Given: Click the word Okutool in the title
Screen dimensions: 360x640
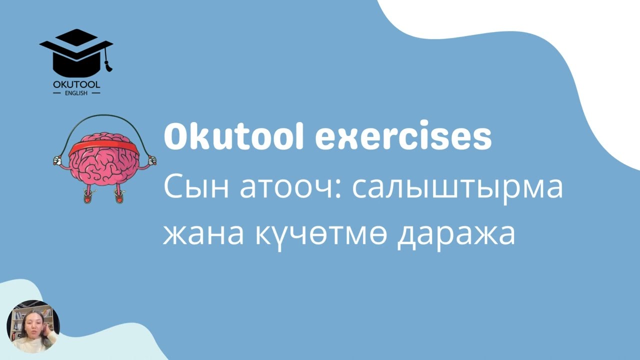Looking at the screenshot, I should pos(233,137).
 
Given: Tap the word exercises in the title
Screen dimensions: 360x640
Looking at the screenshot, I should pos(403,137).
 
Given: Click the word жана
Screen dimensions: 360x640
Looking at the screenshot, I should pos(209,234).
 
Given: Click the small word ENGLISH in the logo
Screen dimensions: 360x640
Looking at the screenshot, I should pos(76,92).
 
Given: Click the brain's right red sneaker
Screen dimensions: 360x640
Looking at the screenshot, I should pos(119,197).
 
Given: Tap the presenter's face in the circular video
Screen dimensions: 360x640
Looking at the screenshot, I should pos(29,324).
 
